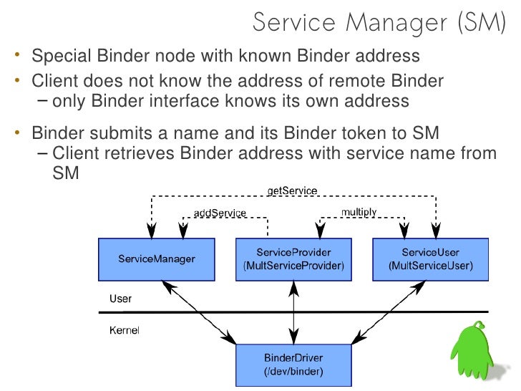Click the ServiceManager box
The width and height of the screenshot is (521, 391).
click(157, 259)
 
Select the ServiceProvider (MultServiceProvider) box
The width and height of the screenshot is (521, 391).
click(293, 259)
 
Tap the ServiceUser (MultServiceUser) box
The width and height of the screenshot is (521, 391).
click(430, 259)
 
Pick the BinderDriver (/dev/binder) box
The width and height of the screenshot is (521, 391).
click(293, 365)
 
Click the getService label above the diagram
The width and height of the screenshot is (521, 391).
click(293, 190)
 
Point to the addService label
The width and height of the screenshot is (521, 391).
click(220, 213)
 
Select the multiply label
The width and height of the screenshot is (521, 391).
click(359, 212)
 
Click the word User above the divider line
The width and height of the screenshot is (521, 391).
click(121, 299)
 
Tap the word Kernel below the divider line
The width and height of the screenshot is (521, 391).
click(125, 330)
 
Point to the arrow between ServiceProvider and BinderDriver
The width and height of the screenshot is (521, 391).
click(293, 312)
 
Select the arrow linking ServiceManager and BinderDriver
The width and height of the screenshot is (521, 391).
click(199, 312)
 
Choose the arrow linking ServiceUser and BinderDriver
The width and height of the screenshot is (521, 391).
click(388, 312)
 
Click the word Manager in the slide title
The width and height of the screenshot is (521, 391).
click(396, 23)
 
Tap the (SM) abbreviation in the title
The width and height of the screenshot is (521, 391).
click(482, 23)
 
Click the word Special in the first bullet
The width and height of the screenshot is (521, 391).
click(61, 56)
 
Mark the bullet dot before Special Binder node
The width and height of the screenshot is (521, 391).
click(17, 54)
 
